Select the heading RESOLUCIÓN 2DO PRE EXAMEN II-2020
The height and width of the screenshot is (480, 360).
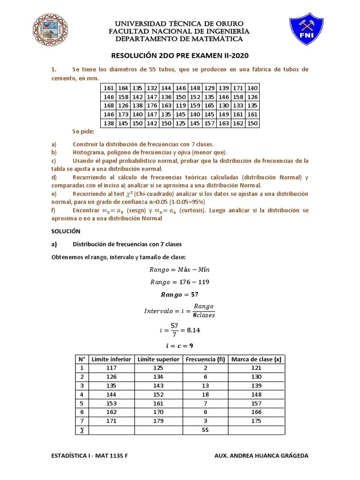[x=180, y=56]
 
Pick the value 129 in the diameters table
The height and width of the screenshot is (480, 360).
[x=209, y=88]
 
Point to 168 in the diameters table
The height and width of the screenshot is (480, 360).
[x=108, y=105]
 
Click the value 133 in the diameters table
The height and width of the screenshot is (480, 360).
[x=238, y=105]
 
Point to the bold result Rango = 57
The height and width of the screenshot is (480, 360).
[x=180, y=295]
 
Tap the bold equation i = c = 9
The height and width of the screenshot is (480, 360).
[x=180, y=345]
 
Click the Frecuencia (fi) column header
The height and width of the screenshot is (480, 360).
[x=205, y=360]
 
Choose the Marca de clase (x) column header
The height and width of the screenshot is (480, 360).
[x=256, y=360]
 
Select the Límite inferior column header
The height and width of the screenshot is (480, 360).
[x=111, y=360]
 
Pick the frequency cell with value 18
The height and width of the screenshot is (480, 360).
[x=205, y=394]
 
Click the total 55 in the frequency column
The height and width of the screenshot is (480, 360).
[x=205, y=430]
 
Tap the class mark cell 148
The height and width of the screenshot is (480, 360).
[x=256, y=394]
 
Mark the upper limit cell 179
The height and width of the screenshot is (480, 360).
[x=158, y=421]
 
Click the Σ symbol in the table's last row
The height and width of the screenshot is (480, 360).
[x=82, y=430]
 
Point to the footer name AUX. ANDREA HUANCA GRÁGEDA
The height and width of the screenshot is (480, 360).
[x=261, y=456]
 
